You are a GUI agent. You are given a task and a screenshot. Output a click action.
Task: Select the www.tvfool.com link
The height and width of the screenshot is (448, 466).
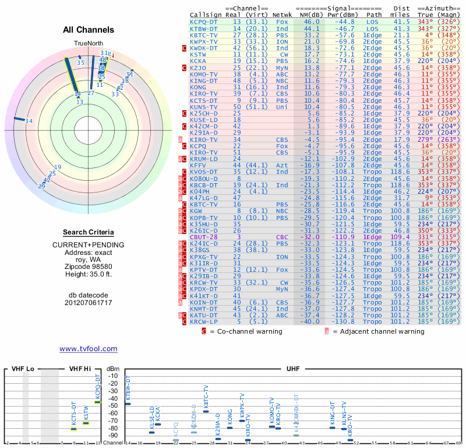[88, 349]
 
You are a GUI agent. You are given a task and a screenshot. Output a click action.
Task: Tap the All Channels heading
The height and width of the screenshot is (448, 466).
[89, 30]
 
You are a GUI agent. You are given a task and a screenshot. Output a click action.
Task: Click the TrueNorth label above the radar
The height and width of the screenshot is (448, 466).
[88, 44]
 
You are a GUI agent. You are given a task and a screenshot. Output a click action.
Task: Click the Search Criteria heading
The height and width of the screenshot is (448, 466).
[89, 232]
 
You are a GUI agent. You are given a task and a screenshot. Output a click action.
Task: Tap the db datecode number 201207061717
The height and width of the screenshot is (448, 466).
[89, 302]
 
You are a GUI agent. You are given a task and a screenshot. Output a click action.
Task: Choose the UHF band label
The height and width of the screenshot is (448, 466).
[293, 369]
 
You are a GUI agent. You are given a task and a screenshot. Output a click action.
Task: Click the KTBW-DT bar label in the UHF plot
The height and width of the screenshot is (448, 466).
[128, 390]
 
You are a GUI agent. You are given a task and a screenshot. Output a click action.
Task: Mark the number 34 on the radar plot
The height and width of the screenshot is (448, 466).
[29, 121]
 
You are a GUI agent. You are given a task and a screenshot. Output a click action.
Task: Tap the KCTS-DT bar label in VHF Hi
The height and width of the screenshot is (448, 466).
[74, 414]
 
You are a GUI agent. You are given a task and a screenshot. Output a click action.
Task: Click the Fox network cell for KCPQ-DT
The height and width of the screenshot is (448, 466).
[282, 22]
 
